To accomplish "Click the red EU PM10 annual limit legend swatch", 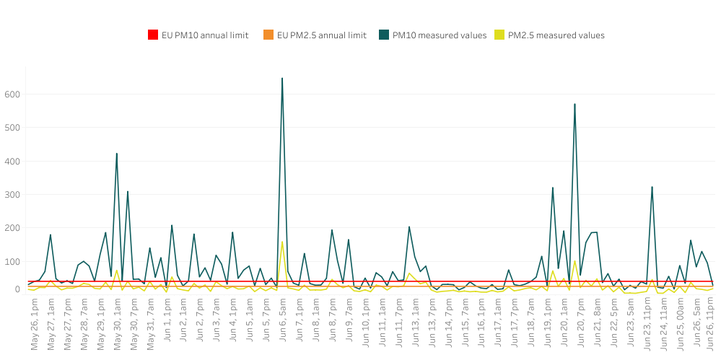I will (152, 35).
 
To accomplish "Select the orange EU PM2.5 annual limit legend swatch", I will (268, 35).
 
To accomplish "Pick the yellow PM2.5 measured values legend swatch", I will (499, 35).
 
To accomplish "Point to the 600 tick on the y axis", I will (12, 95).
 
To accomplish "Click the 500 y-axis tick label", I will (12, 128).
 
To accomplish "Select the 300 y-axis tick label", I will (12, 195).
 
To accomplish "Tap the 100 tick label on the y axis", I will (12, 261).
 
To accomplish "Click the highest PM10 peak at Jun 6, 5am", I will (281, 78).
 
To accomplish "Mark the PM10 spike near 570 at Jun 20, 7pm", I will (574, 104).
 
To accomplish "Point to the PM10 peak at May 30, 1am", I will (116, 154).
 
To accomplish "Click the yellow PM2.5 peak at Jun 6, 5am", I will (281, 242).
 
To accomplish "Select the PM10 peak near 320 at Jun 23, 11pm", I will (652, 187).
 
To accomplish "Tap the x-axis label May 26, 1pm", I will (34, 325).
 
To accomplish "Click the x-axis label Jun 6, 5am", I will (282, 324).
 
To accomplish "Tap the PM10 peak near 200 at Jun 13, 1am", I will (409, 227).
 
